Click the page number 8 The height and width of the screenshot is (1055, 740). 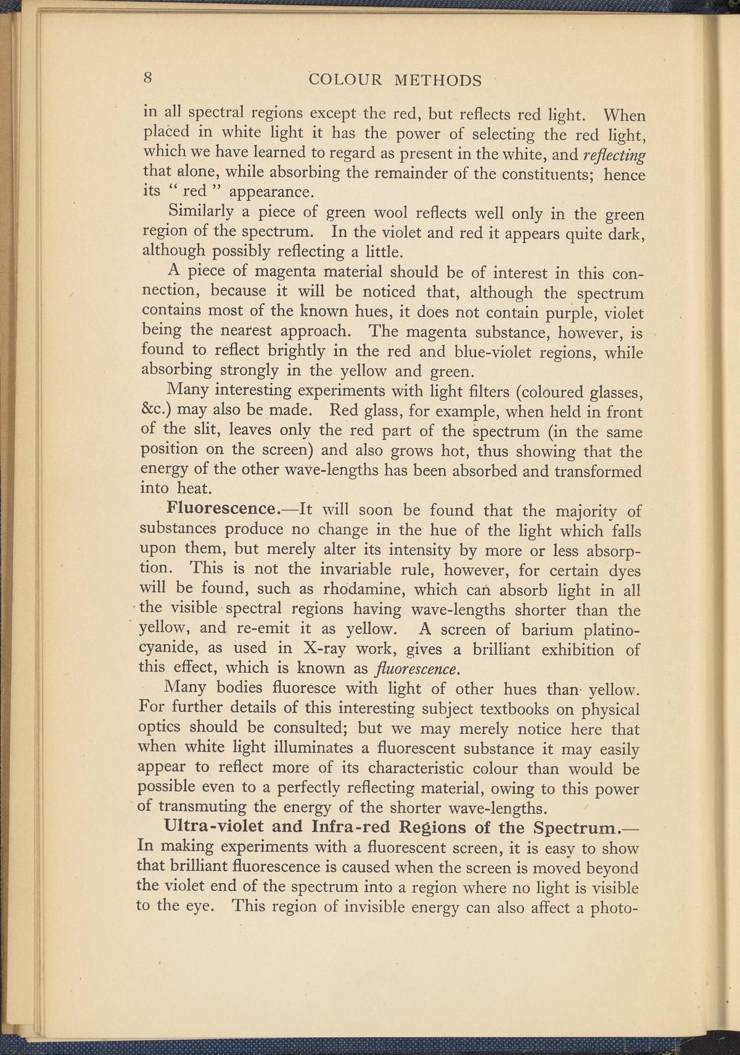pos(148,78)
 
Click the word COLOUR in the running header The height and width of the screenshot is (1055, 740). pos(345,80)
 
